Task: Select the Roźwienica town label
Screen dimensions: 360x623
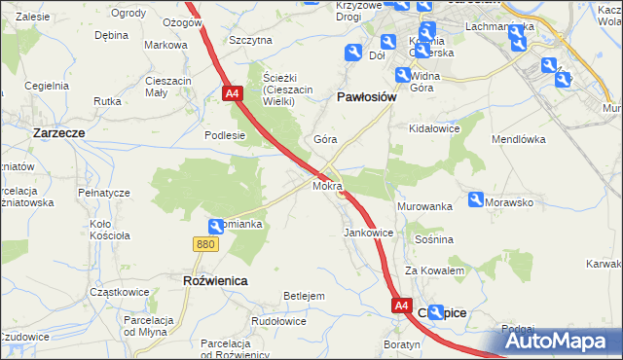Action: point(215,280)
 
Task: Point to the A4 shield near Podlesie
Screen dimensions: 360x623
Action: point(232,93)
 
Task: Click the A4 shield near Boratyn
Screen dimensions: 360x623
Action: point(401,306)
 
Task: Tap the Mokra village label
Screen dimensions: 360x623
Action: point(326,184)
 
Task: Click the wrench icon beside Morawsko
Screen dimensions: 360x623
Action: point(476,199)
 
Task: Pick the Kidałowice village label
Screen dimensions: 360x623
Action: point(434,128)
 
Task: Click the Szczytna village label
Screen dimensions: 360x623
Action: point(250,40)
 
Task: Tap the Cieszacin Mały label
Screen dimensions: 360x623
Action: point(167,87)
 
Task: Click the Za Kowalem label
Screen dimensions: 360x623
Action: point(434,270)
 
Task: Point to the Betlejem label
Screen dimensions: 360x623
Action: point(303,295)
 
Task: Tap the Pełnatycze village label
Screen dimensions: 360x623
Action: point(104,193)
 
